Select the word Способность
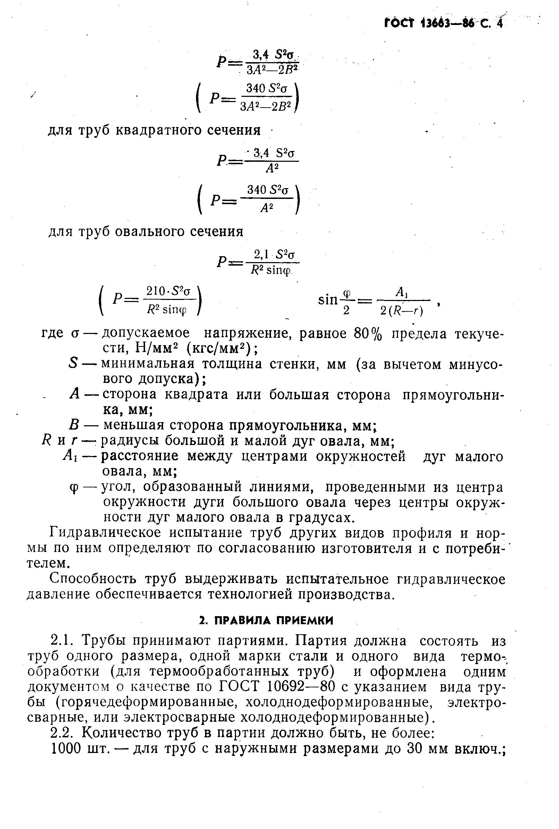pos(93,579)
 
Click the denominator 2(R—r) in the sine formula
pos(401,312)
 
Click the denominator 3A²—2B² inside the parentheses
pos(266,106)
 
